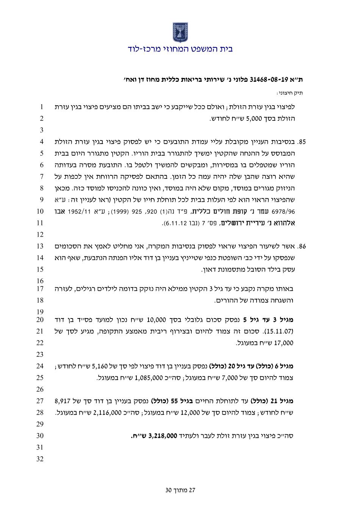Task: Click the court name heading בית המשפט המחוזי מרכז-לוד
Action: pos(180,49)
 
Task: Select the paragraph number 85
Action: pos(302,142)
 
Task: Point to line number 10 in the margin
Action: pos(41,211)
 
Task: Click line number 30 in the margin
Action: pos(41,436)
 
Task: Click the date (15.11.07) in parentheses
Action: pos(282,332)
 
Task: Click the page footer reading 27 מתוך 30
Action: pos(180,490)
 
